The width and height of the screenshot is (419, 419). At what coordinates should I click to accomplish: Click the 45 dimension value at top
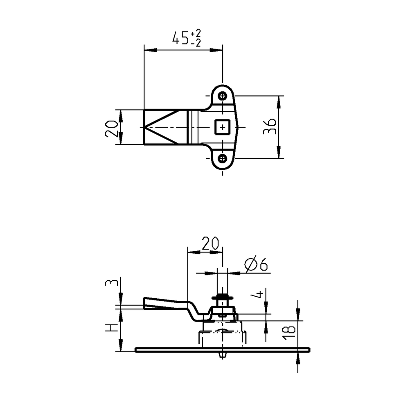180,39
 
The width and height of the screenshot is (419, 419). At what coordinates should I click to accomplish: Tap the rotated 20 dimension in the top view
111,128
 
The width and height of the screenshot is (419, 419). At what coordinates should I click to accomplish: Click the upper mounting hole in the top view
223,96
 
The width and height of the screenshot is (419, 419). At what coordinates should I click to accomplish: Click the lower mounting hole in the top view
223,158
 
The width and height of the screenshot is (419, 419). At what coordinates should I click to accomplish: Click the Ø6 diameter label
256,265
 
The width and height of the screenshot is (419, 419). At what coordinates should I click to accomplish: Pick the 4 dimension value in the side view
258,295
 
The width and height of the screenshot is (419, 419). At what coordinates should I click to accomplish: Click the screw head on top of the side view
223,296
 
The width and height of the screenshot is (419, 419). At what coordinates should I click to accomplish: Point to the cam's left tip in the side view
146,302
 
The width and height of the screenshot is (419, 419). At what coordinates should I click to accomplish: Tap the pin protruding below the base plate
223,354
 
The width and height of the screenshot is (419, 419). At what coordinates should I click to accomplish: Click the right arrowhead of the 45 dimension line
217,50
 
